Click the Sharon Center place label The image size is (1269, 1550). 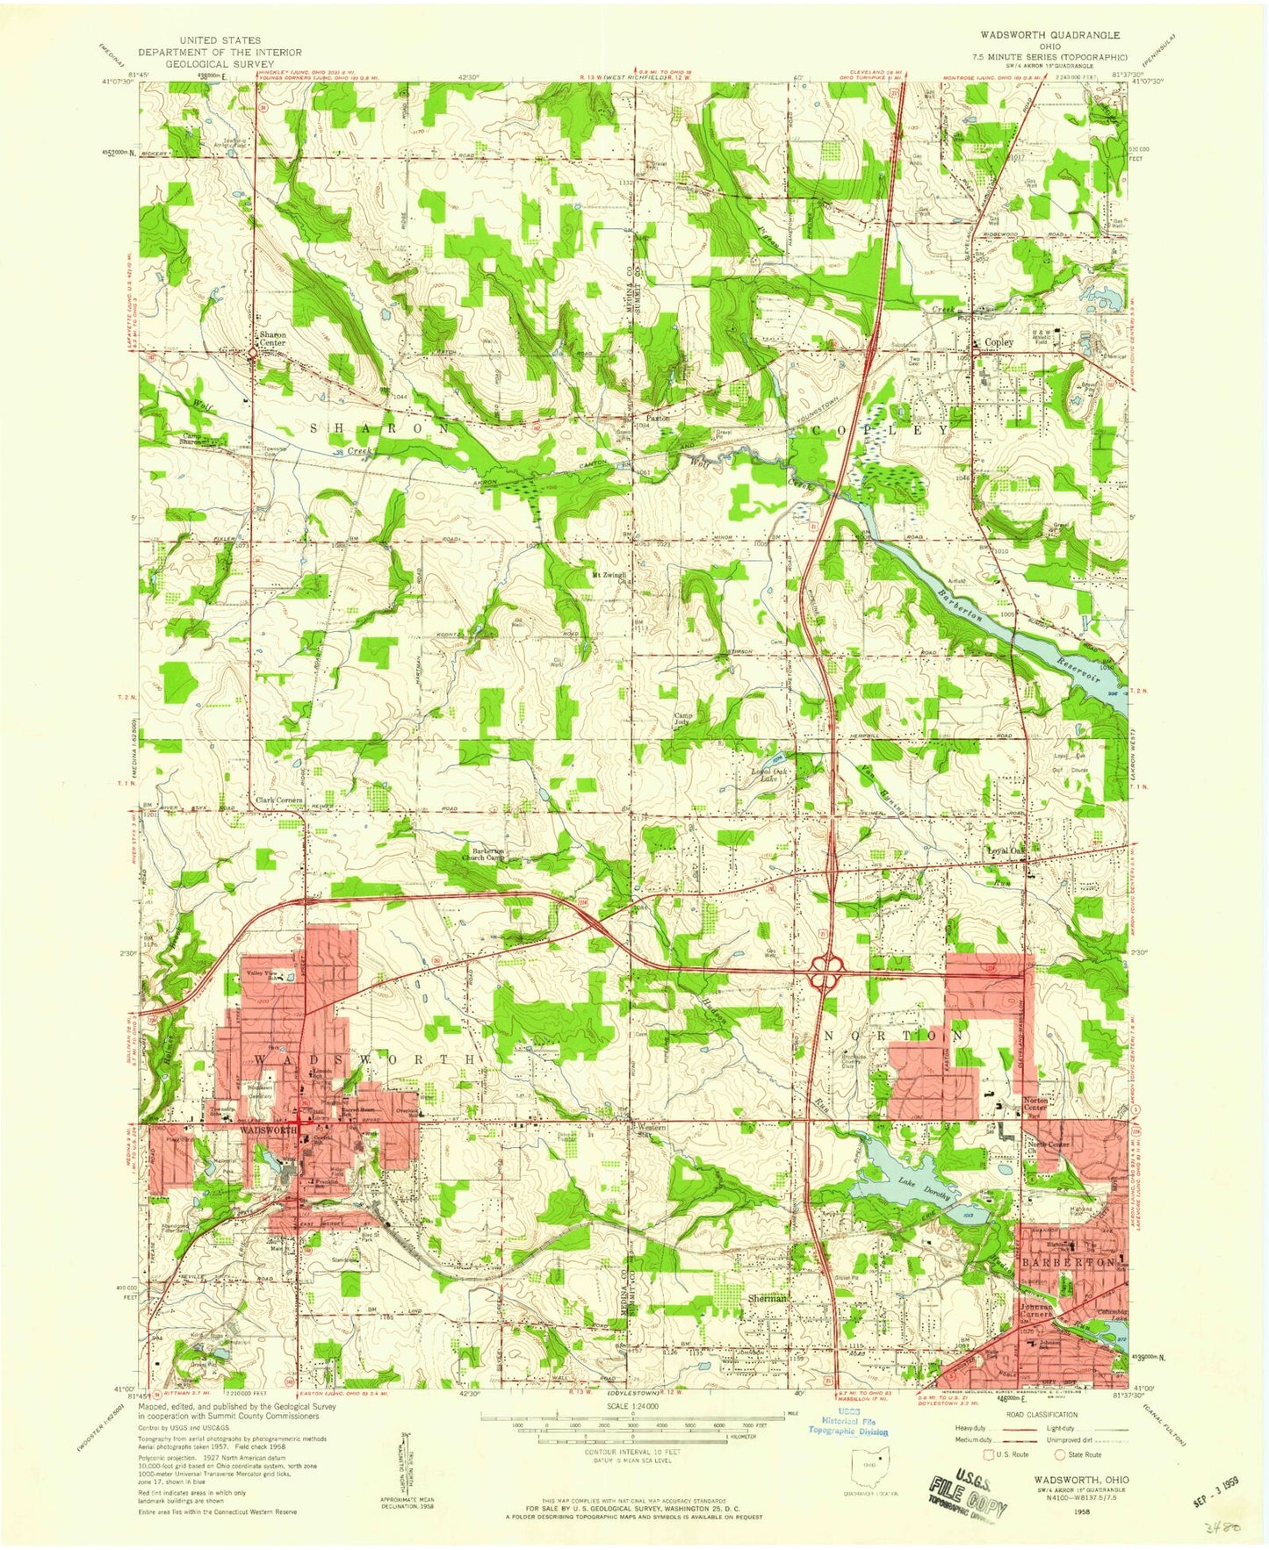tap(270, 339)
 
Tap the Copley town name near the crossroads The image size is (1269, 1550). tap(999, 342)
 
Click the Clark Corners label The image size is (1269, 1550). tap(279, 800)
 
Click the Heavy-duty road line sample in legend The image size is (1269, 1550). tap(1019, 1430)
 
